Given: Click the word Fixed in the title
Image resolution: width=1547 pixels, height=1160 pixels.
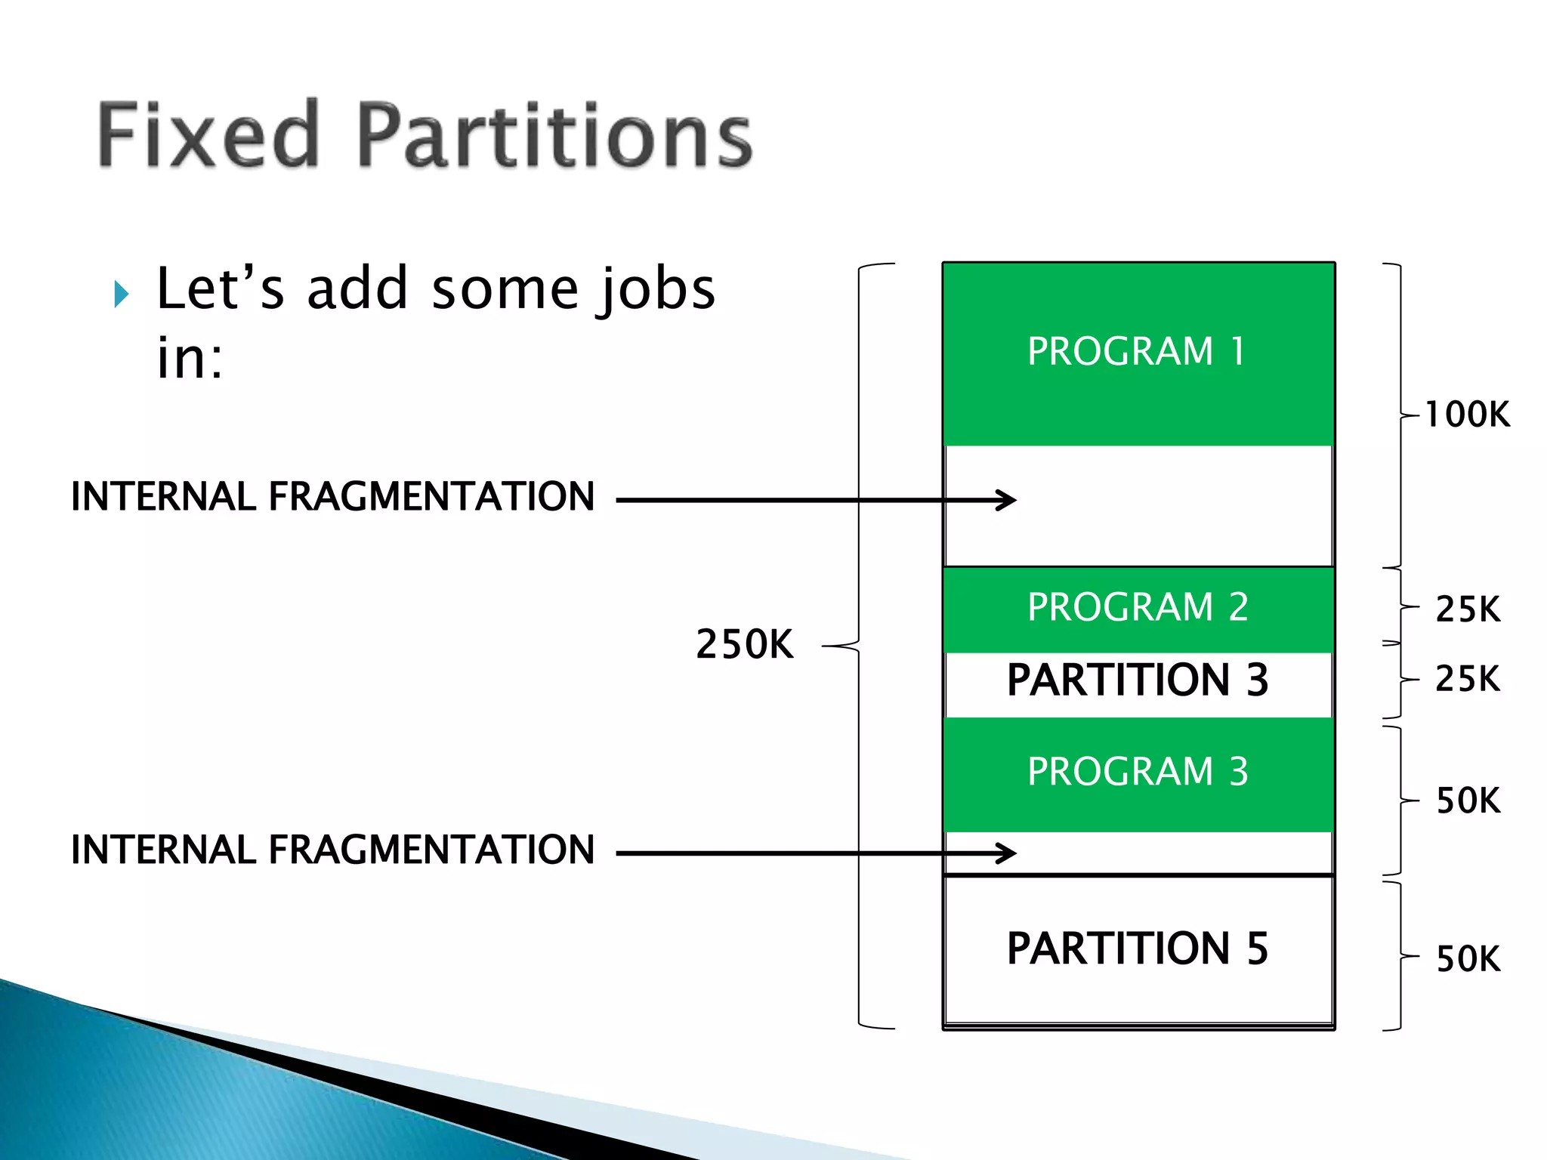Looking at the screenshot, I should (x=208, y=136).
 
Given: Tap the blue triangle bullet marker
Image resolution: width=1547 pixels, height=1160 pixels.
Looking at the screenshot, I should (x=121, y=294).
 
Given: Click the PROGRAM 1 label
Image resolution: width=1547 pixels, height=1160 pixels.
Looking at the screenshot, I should (x=1136, y=351).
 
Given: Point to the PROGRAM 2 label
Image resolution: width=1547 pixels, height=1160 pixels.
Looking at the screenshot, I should (x=1138, y=606).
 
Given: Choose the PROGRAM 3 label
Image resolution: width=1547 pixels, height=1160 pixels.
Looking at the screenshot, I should (x=1138, y=771).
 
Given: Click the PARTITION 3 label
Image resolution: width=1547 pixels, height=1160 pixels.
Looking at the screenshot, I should (x=1138, y=680).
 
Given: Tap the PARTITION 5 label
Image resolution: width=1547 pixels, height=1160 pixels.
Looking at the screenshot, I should (x=1138, y=949).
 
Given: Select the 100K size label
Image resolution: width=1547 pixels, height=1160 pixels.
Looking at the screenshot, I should (x=1467, y=415).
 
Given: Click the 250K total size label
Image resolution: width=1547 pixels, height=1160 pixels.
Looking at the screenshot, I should (x=744, y=644).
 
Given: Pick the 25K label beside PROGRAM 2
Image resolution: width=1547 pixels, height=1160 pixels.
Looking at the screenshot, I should (x=1468, y=609).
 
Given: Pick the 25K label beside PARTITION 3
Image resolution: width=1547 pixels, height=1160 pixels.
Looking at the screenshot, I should (x=1468, y=678).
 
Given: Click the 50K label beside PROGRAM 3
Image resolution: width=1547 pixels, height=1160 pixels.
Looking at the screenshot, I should (x=1468, y=801).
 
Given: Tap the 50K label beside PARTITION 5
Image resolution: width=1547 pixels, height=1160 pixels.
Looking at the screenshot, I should (x=1468, y=959).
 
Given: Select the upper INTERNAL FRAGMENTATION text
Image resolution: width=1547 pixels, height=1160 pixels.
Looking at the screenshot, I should (x=332, y=497).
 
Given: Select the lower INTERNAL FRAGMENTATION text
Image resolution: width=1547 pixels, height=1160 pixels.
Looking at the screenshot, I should (x=332, y=850).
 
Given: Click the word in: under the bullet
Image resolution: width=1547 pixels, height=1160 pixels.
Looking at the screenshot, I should (x=190, y=359).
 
